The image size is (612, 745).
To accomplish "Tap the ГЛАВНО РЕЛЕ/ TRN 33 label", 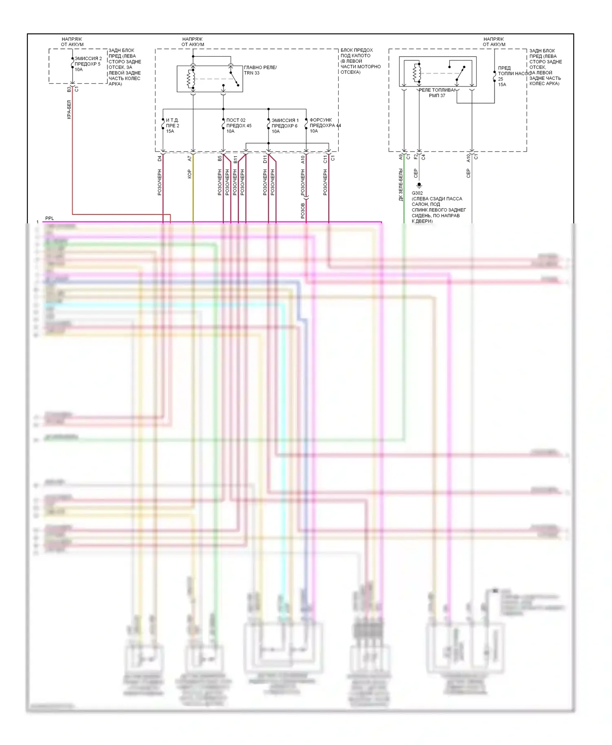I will coord(260,70).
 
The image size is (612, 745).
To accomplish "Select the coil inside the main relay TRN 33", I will coord(190,78).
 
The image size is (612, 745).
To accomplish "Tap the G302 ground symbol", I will coord(419,185).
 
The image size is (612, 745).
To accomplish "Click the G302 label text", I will coord(417,193).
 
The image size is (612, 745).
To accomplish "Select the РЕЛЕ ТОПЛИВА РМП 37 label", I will coord(437,93).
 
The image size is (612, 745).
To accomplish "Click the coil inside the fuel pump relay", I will coord(416,73).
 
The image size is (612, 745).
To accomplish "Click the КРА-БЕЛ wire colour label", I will coord(69,109).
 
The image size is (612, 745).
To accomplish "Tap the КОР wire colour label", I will coord(189,174).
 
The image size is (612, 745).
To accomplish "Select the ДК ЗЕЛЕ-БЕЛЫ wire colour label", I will coord(401,185).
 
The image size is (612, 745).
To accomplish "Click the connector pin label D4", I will coord(160,159).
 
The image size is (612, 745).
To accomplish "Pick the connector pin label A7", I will coord(189,159).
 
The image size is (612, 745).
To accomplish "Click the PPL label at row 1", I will coord(49,218).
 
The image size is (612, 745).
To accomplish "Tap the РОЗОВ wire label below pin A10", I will coord(303,211).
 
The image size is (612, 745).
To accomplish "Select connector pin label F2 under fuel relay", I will coord(416,156).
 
